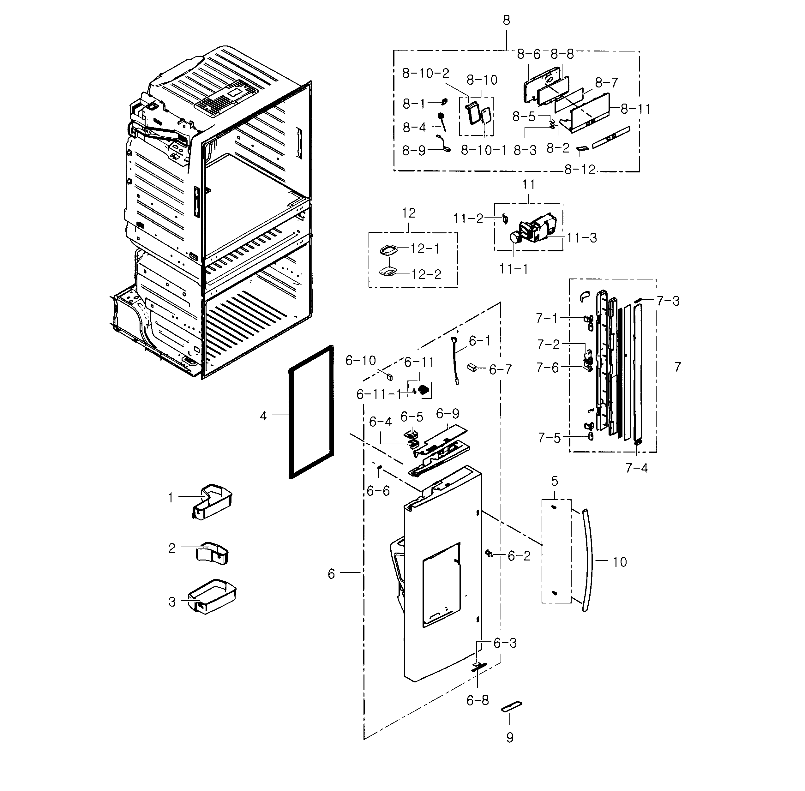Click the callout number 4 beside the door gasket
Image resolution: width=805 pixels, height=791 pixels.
tap(263, 416)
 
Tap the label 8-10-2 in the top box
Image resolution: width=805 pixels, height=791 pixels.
tap(426, 74)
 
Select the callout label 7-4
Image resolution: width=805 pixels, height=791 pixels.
tap(636, 468)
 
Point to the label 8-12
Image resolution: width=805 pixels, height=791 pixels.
tap(580, 170)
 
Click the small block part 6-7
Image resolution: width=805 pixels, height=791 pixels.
tap(472, 367)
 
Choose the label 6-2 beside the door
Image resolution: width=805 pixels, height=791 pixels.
tap(519, 556)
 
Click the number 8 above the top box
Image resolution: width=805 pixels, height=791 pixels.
tap(506, 20)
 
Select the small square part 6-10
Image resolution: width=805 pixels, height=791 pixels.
tap(389, 376)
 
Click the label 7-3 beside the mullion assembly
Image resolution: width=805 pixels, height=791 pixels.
tap(668, 301)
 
